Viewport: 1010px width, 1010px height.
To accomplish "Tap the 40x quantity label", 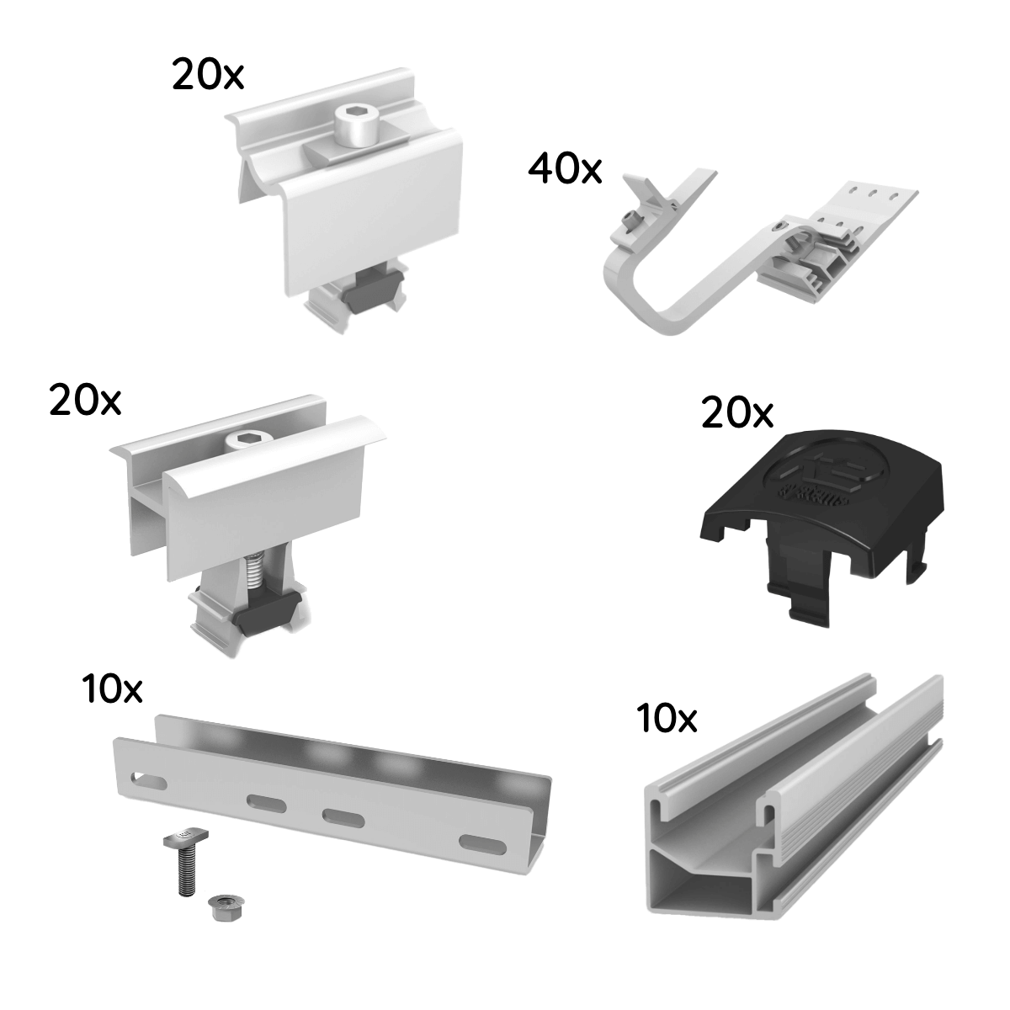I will click(565, 169).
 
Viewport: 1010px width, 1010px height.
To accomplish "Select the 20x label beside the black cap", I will click(736, 414).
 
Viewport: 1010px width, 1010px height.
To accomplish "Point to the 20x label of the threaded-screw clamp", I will click(85, 401).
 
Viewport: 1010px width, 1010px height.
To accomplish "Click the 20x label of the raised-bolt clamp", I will click(208, 76).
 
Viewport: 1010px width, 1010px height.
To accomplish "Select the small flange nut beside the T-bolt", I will click(221, 906).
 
